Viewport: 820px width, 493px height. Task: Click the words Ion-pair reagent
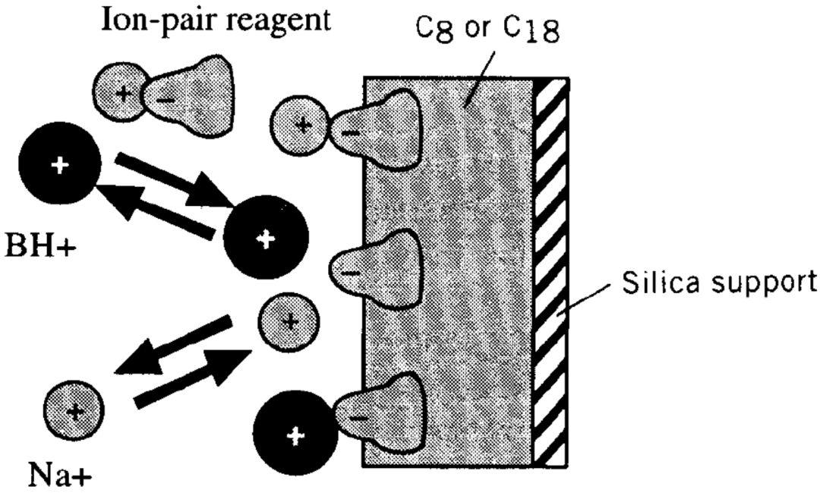coord(216,21)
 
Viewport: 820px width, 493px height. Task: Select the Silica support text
coord(719,282)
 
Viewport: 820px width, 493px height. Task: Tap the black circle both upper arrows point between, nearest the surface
coord(266,239)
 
